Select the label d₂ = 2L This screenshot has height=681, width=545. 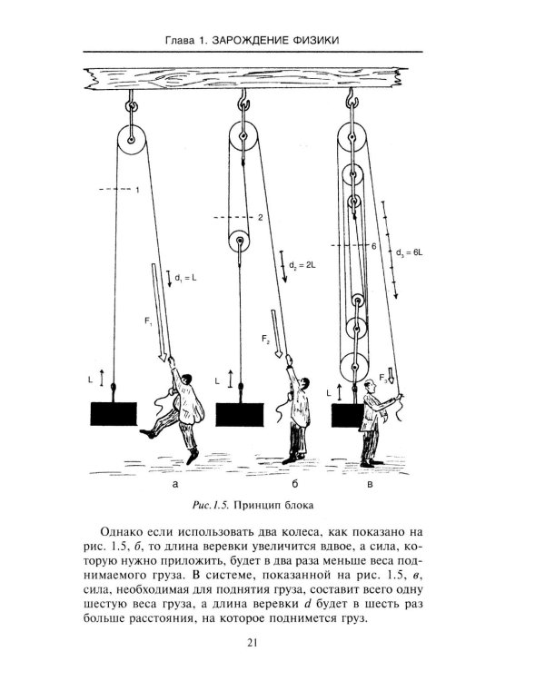coord(302,265)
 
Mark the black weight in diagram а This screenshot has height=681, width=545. coord(113,412)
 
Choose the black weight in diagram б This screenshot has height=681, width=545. coord(240,412)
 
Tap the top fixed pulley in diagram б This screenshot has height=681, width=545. coord(242,139)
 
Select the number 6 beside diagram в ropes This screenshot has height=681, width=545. coord(373,245)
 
